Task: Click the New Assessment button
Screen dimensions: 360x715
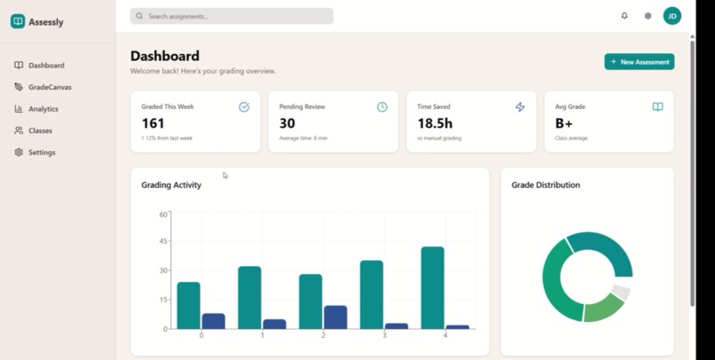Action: coord(639,62)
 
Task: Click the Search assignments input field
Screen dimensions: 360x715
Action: coord(232,16)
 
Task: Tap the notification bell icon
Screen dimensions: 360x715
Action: coord(625,16)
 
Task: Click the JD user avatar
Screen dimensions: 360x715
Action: coord(672,16)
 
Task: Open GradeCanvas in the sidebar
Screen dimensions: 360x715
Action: coord(49,87)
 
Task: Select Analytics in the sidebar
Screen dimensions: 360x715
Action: coord(43,109)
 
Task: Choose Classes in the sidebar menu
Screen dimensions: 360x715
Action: coord(40,130)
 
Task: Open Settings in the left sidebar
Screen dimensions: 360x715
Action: coord(41,153)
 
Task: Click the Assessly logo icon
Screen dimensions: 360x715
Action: coord(18,21)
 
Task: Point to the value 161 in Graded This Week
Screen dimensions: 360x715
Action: coord(153,124)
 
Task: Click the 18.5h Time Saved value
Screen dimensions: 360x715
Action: coord(435,124)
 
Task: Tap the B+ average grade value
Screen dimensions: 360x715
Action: coord(564,124)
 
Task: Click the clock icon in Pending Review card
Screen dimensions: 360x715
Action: coord(382,107)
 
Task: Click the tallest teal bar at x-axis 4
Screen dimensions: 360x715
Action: coord(432,288)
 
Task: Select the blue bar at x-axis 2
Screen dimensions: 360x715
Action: coord(335,317)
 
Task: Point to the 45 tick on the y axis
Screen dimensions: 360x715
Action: coord(162,242)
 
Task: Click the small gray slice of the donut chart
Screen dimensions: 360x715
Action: coord(621,293)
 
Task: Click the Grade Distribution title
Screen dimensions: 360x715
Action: coord(546,185)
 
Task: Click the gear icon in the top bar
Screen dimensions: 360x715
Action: coord(648,16)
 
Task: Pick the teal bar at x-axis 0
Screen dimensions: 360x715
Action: coord(188,306)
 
